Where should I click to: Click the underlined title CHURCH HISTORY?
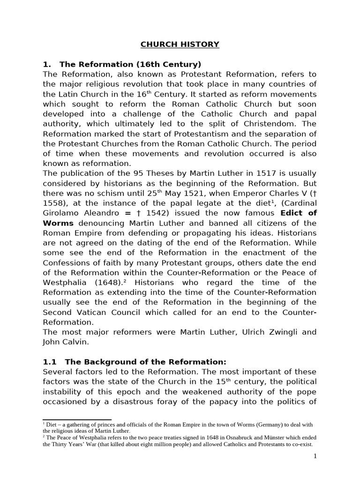(180, 45)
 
